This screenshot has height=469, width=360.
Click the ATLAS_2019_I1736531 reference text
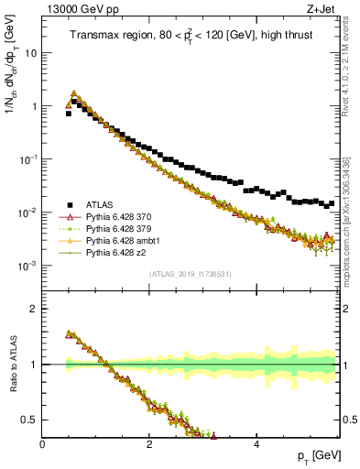click(190, 274)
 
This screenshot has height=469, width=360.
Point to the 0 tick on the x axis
click(43, 443)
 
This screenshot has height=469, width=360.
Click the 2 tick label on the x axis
click(149, 443)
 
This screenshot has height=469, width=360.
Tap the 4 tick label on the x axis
click(256, 443)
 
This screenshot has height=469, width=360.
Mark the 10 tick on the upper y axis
click(30, 53)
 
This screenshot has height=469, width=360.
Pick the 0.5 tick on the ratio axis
click(30, 420)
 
